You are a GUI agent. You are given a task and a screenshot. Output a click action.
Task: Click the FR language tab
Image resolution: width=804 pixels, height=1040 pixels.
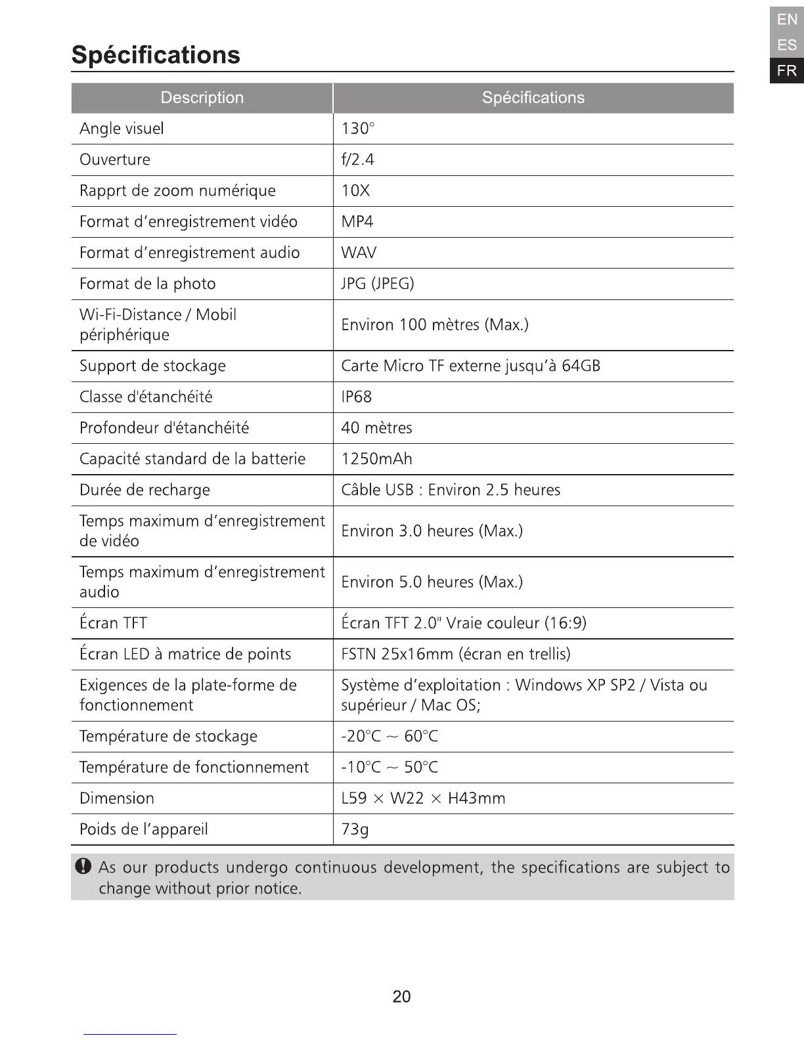coord(786,70)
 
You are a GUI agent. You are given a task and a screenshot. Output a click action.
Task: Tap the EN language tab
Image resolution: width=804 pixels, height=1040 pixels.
coord(786,20)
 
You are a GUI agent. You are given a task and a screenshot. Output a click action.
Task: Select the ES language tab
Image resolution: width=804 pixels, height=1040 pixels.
coord(786,45)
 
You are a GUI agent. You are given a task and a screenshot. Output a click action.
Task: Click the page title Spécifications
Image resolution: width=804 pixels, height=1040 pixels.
coord(156,54)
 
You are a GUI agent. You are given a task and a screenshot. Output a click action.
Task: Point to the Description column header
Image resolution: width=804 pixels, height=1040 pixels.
coord(202,98)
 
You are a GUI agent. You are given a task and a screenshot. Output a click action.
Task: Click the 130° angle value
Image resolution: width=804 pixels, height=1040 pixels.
coord(358,129)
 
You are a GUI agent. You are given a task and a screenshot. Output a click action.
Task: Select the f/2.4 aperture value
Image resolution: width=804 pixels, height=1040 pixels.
coord(358,160)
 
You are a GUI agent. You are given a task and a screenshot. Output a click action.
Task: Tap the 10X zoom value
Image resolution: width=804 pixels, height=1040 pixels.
coord(355,191)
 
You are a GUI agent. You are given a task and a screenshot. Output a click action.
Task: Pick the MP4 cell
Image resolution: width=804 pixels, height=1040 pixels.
coord(357,222)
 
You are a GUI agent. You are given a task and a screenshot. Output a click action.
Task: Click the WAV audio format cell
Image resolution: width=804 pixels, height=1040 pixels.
coord(359,253)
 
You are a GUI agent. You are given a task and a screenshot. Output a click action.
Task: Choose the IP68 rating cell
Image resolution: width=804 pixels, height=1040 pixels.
coord(357,397)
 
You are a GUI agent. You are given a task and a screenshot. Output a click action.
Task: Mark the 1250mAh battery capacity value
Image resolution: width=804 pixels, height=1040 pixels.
coord(377,459)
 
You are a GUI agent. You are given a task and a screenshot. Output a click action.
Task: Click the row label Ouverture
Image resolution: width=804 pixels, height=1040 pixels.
coord(115,160)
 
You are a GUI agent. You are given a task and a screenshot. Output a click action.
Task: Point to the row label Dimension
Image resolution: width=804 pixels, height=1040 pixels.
coord(117,798)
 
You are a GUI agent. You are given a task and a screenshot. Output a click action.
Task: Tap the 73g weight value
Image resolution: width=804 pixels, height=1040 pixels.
coord(355,829)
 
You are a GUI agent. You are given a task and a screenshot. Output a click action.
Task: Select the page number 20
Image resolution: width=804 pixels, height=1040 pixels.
coord(401,997)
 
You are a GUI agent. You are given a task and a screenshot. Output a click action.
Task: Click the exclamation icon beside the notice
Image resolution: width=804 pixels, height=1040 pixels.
coord(83,867)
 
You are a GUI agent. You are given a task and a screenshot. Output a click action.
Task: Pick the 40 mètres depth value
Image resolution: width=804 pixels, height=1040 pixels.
coord(377,428)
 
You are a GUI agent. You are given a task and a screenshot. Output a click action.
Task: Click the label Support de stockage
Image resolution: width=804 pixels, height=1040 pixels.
coord(152,366)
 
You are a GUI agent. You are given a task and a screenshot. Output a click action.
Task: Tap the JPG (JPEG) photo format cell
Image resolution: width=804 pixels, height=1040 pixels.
coord(378,284)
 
